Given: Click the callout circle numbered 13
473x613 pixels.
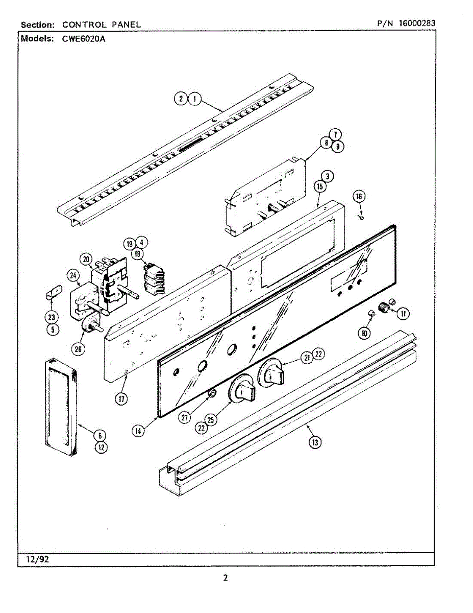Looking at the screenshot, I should click(315, 442).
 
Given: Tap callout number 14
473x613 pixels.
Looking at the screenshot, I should click(137, 430).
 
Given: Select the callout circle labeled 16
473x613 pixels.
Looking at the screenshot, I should click(359, 197).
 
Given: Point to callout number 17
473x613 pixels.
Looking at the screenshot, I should click(120, 398).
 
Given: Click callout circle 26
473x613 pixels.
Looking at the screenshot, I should click(78, 349).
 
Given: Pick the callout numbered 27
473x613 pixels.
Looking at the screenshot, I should click(185, 417).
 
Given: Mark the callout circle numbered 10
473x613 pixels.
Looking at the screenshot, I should click(364, 333).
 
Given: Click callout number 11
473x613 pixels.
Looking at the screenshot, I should click(403, 313).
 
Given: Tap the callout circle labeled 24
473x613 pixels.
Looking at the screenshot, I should click(74, 276).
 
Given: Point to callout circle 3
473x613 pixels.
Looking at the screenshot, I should click(329, 176).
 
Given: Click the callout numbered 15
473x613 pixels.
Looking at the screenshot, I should click(320, 187).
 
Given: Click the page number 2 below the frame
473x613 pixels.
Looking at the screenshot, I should click(226, 578).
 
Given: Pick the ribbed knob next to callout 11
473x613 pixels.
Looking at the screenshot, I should click(384, 308).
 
